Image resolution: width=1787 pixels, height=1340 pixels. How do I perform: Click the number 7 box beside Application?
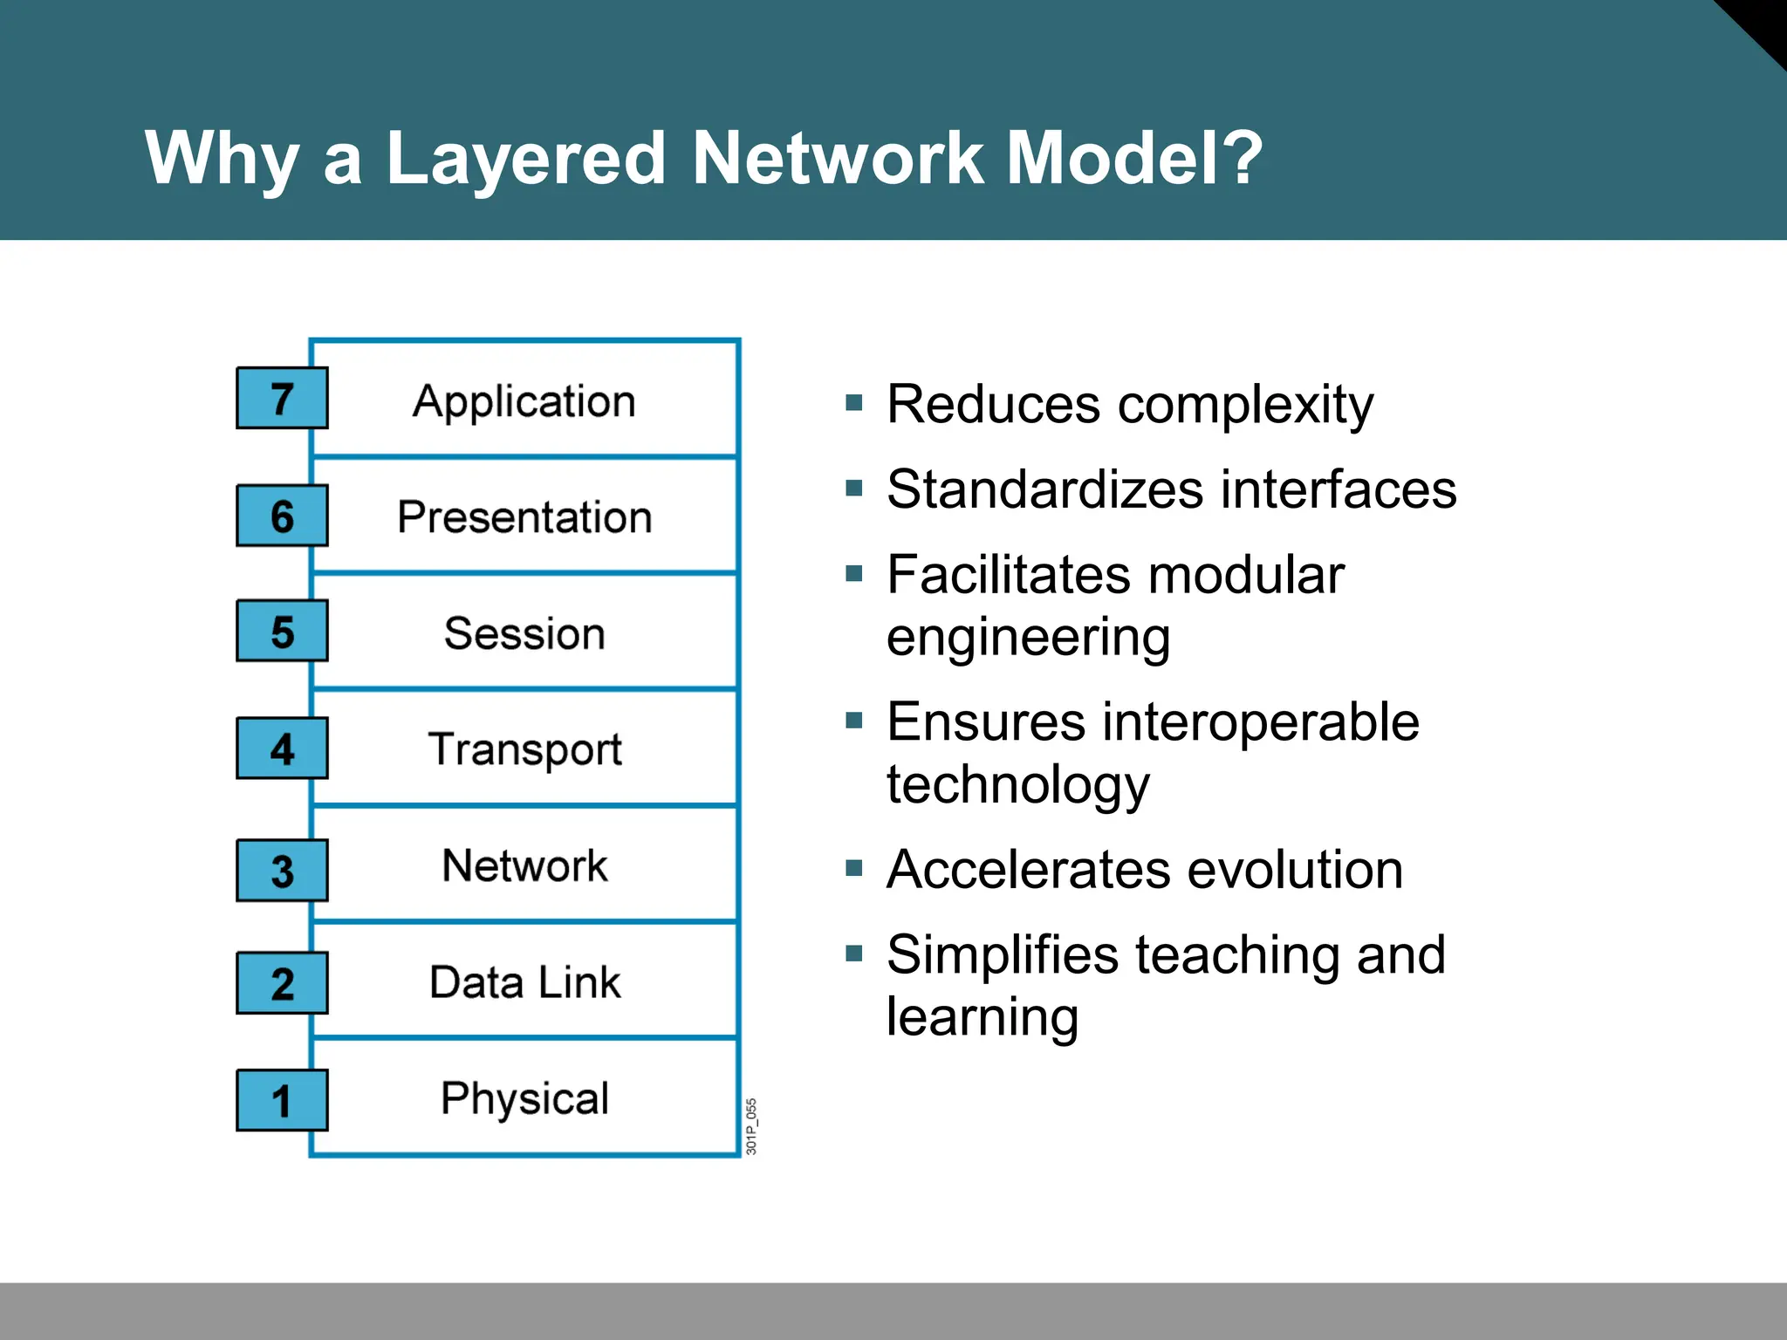click(x=282, y=399)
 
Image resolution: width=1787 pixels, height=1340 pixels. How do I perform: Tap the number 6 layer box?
click(x=282, y=516)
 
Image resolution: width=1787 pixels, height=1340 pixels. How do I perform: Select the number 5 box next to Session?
click(x=282, y=631)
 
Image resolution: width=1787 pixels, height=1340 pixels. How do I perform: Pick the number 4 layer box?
click(x=282, y=749)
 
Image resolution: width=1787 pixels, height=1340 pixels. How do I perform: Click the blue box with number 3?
click(x=282, y=871)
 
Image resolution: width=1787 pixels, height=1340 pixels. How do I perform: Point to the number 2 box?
click(x=282, y=983)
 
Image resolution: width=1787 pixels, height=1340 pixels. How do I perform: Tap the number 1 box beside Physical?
click(x=282, y=1100)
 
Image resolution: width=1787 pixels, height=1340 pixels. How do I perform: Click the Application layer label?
click(x=524, y=402)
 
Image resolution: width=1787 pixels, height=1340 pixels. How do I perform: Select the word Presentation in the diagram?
click(x=524, y=517)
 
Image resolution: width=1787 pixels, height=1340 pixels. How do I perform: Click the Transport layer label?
click(x=524, y=749)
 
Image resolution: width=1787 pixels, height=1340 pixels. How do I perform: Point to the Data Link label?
click(x=524, y=982)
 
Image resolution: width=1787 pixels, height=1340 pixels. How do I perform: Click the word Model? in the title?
click(x=1134, y=158)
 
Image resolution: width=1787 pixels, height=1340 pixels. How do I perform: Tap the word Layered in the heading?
click(x=525, y=160)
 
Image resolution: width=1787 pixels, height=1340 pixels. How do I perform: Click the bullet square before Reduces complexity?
click(x=854, y=403)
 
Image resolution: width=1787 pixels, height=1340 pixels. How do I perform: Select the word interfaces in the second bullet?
click(x=1339, y=489)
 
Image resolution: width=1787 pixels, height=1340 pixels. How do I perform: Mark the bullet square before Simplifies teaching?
click(x=854, y=953)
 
